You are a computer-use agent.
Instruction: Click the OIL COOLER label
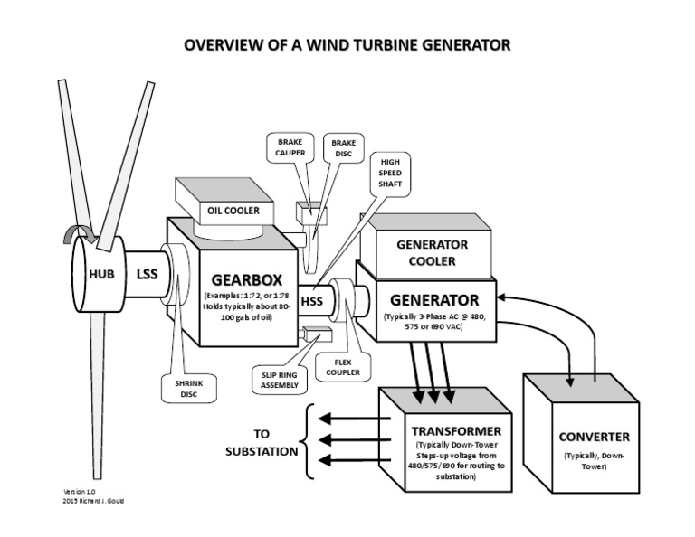pyautogui.click(x=230, y=211)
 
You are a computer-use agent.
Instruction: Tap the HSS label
pyautogui.click(x=312, y=302)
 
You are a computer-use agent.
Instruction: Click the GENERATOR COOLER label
pyautogui.click(x=433, y=252)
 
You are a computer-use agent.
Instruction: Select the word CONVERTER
pyautogui.click(x=594, y=437)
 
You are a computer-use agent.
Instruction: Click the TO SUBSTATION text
pyautogui.click(x=263, y=440)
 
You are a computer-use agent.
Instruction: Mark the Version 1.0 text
pyautogui.click(x=78, y=491)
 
